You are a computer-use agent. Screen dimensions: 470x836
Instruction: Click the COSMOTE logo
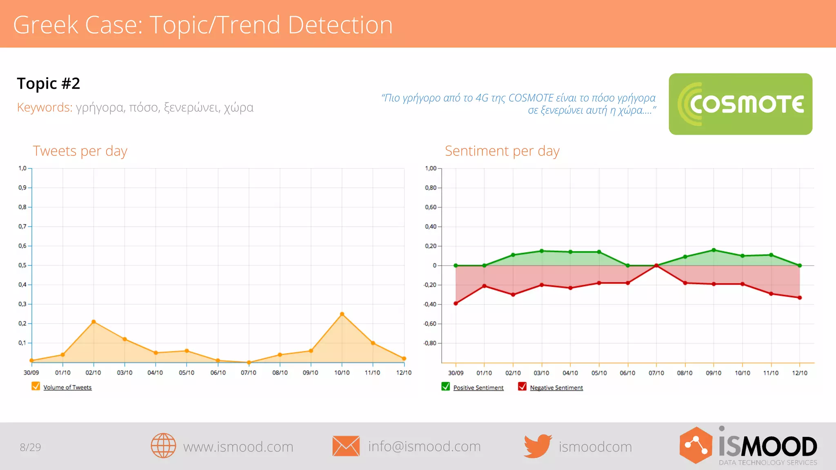coord(740,104)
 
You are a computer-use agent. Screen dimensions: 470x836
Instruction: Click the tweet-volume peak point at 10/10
coord(342,314)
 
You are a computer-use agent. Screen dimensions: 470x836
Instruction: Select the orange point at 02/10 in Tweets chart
coord(93,321)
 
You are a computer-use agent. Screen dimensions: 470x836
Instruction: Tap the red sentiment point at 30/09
coord(456,303)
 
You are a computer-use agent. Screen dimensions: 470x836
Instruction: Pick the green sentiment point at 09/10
coord(714,250)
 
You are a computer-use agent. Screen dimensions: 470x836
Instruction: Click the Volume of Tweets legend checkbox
coord(36,386)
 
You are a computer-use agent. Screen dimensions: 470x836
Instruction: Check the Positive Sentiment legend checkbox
coord(445,386)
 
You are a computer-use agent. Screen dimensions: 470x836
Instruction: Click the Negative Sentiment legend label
coord(556,388)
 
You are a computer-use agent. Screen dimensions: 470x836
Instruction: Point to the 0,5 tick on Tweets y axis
coord(22,265)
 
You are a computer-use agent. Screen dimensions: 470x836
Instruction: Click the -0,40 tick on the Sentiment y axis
coord(430,304)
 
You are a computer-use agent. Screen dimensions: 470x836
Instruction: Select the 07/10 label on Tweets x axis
coord(249,372)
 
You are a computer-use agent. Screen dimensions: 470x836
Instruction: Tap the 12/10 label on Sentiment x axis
coord(800,373)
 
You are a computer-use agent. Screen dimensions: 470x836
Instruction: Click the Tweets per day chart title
coord(80,151)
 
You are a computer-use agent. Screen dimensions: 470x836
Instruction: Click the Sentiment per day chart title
coord(502,151)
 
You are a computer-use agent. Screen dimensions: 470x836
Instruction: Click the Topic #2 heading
coord(49,83)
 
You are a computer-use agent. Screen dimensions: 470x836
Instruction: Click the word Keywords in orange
coord(44,107)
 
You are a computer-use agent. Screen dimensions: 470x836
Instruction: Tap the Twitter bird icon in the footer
coord(537,446)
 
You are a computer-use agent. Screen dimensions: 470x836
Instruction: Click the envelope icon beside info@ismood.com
coord(346,446)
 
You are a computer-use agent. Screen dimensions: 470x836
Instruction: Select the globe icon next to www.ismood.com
coord(163,446)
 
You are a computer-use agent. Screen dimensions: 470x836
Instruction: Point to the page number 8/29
coord(31,447)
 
